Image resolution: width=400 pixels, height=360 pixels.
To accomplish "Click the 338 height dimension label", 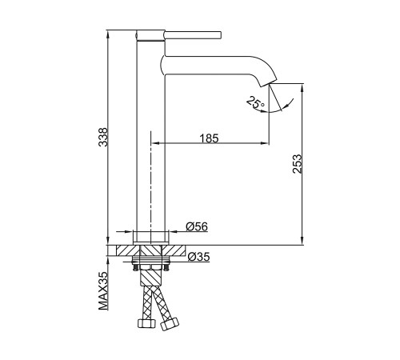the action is [103, 137].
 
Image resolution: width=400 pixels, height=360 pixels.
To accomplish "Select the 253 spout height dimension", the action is [297, 164].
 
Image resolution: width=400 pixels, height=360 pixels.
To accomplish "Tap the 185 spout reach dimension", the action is [209, 138].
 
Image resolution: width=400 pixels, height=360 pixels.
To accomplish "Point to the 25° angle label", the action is [255, 102].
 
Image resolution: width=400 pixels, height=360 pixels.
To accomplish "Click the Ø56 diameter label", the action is [197, 226].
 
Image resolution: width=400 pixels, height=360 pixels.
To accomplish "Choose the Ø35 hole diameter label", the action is [199, 257].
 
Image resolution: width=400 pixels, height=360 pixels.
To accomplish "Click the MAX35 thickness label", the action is [103, 291].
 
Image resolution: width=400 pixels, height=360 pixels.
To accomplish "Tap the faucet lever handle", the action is [193, 35].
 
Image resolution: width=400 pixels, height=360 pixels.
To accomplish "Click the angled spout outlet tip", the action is [269, 82].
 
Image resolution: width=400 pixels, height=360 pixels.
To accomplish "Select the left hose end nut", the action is [146, 323].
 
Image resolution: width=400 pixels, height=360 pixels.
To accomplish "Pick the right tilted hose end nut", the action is [170, 324].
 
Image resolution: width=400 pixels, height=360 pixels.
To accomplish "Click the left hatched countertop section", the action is [128, 250].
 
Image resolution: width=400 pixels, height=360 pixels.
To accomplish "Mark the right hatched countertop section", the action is [174, 250].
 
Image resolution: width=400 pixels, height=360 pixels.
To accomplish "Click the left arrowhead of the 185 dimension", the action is [155, 143].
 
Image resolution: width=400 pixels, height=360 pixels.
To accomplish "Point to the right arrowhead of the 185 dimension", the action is [265, 143].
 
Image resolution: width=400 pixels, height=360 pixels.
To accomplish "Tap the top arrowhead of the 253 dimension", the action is [302, 88].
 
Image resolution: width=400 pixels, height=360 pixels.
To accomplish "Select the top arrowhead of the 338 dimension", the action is [108, 34].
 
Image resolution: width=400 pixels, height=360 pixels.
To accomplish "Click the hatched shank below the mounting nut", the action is [151, 278].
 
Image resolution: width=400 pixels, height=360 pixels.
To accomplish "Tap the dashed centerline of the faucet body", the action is [151, 187].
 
